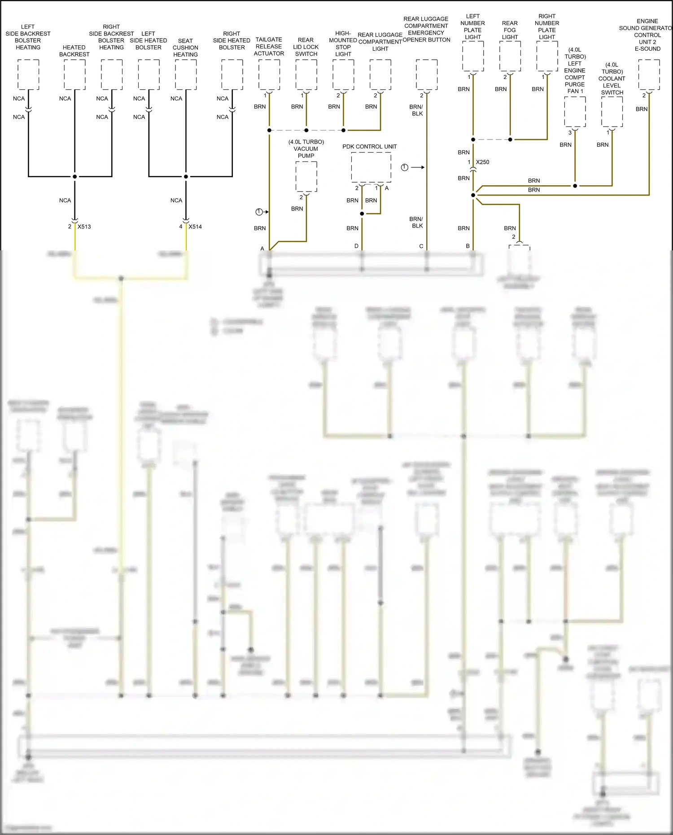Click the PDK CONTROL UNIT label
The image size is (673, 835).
pos(369,147)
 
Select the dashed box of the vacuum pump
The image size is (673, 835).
pos(306,177)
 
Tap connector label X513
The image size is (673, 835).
pos(84,227)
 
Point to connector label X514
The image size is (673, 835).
pos(195,227)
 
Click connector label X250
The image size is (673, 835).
pos(482,162)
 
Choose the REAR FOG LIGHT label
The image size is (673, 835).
pos(510,30)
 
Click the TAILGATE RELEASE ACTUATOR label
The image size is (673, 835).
pos(269,47)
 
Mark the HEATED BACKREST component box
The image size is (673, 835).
pos(74,74)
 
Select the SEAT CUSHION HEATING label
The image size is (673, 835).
pos(185,48)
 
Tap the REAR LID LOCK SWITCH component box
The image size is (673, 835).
pos(306,74)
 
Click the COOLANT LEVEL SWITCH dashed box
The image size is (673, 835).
pos(612,112)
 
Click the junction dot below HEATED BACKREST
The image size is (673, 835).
pos(74,176)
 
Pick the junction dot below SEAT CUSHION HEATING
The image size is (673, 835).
pos(186,176)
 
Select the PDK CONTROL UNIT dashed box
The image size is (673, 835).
pos(371,167)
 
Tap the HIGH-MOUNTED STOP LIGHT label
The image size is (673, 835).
pos(343,44)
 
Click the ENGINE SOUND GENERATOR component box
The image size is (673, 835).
pos(649,74)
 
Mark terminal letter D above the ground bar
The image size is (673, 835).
pos(356,246)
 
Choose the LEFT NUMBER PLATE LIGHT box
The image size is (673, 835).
pos(473,56)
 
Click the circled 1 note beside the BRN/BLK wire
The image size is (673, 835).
pos(404,167)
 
